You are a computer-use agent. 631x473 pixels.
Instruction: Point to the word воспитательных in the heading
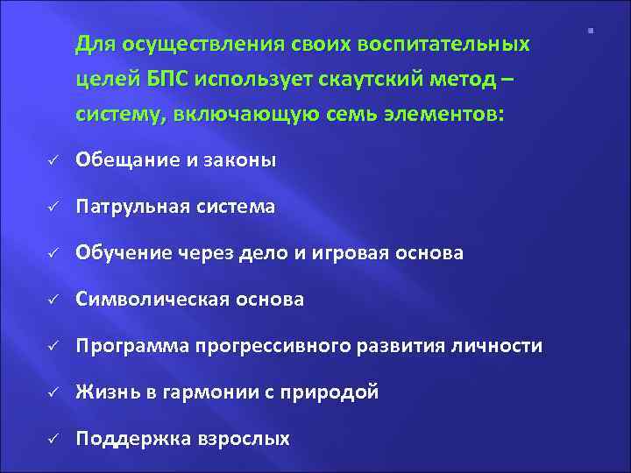click(454, 44)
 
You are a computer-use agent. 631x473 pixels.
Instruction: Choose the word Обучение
click(121, 254)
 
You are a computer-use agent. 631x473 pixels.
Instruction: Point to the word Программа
click(130, 347)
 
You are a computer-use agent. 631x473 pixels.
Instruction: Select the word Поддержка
click(128, 440)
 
